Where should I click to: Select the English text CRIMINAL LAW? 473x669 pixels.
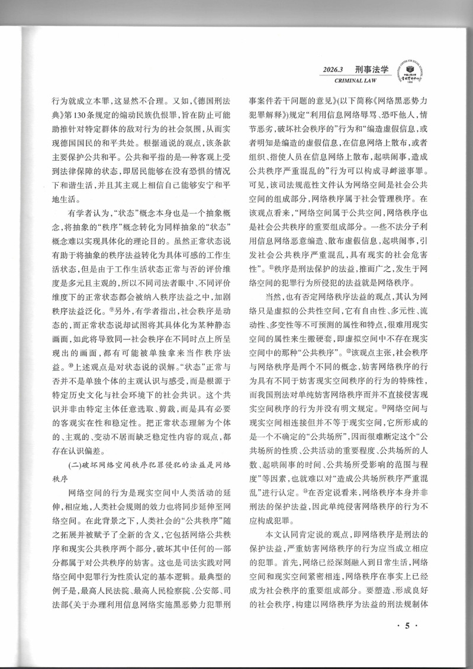(360, 81)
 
